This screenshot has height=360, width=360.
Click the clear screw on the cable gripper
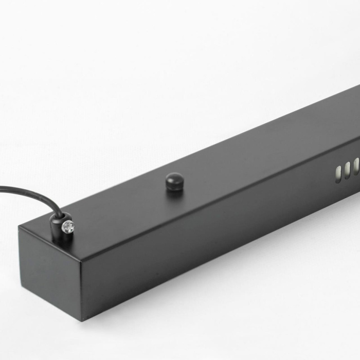67,226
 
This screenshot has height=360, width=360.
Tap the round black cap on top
174,179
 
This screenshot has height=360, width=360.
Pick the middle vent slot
348,170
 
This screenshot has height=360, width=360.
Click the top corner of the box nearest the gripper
20,228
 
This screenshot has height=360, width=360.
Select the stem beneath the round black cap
174,187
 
